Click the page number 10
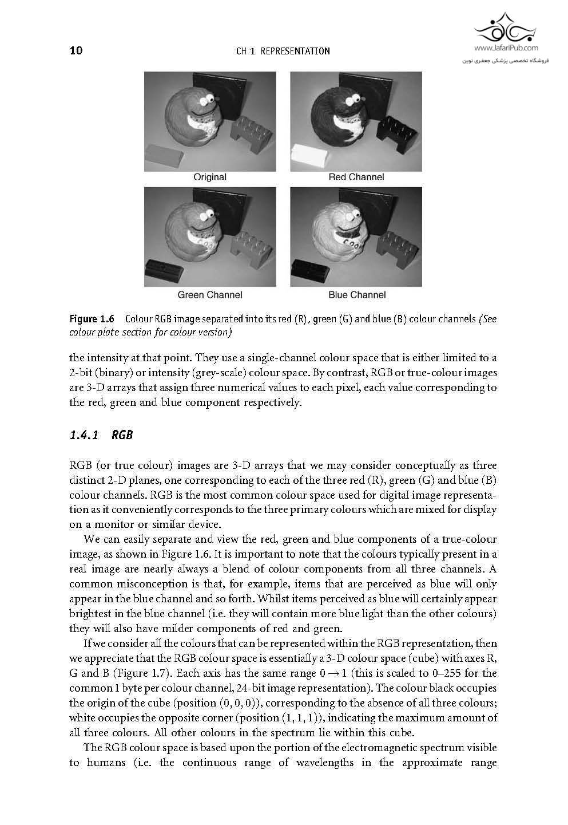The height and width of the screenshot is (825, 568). point(76,51)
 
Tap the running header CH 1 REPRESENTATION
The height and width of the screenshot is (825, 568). point(283,52)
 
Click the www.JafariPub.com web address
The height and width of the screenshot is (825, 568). point(506,49)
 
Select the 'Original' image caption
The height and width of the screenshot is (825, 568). point(209,177)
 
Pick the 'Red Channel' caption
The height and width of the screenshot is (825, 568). point(356,177)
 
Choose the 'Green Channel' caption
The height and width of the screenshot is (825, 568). point(209,295)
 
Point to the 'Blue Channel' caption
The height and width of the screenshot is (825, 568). point(357,295)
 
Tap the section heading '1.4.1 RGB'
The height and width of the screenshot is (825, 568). point(101,435)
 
